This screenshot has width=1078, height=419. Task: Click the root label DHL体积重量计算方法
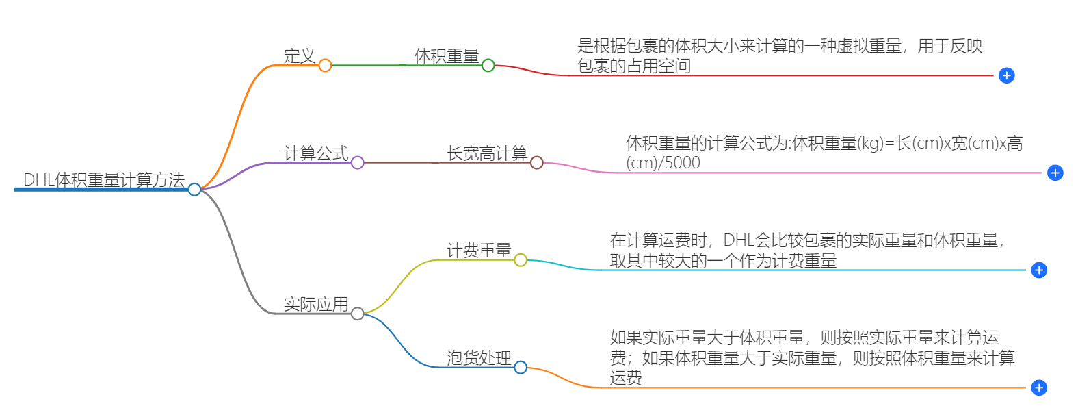click(104, 180)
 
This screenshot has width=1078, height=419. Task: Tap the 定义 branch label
click(300, 56)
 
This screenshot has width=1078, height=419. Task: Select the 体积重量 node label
click(447, 56)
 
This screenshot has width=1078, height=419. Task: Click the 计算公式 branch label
click(316, 153)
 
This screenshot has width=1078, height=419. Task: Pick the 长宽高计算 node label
click(487, 153)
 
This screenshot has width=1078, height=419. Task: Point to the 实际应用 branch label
click(316, 304)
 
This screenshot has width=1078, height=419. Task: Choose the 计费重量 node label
click(479, 251)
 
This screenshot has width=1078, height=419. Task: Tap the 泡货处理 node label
click(479, 358)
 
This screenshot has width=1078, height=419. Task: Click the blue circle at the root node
click(194, 189)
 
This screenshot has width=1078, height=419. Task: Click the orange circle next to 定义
click(325, 65)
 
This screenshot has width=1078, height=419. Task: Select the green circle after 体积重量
click(488, 65)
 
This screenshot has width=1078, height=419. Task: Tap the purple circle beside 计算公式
click(357, 162)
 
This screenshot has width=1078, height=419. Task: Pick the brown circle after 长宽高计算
click(537, 162)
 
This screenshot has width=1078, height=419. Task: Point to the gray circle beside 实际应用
click(357, 314)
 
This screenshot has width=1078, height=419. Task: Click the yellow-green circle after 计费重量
click(521, 260)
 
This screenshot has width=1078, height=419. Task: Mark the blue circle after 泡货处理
click(521, 368)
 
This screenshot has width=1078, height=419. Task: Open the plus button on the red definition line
click(1006, 75)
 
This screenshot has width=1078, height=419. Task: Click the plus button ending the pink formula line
click(1055, 173)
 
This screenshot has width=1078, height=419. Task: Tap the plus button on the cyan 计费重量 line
click(1039, 270)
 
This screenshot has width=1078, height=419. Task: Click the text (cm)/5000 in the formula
click(663, 163)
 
